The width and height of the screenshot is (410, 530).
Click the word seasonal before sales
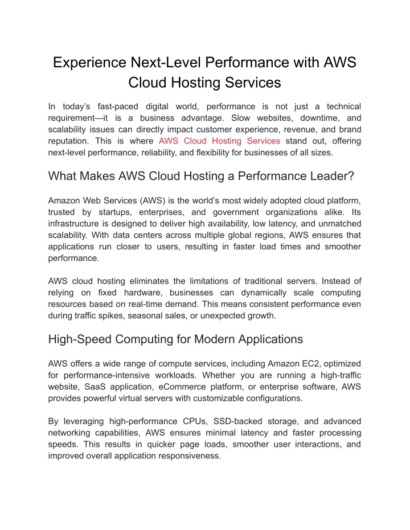pyautogui.click(x=151, y=315)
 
